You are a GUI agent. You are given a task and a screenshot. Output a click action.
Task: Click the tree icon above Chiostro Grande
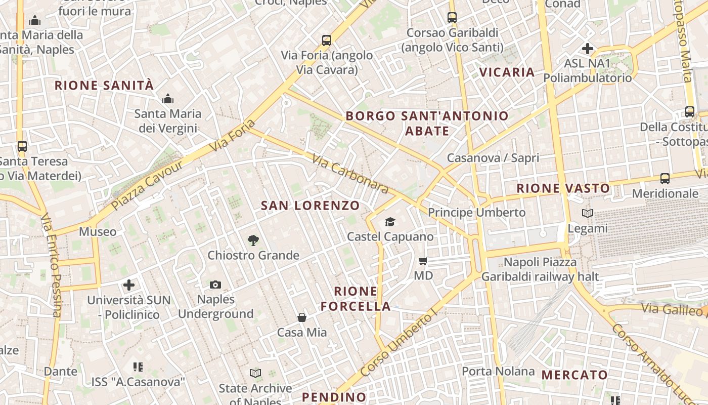click(253, 240)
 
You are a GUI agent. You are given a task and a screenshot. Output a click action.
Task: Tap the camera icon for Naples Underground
click(215, 285)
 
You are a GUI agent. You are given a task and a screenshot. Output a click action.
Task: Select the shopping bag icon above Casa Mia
click(302, 317)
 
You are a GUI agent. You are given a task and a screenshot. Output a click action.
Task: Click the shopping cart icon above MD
click(423, 261)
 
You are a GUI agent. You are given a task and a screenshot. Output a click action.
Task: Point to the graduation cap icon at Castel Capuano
click(390, 222)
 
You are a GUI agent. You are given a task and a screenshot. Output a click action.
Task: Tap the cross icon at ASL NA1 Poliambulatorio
click(588, 49)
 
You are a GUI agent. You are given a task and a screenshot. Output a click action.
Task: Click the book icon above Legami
click(587, 214)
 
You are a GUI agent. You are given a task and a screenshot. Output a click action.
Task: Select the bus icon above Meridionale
click(665, 179)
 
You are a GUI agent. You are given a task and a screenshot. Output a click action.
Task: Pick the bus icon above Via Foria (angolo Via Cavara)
click(327, 40)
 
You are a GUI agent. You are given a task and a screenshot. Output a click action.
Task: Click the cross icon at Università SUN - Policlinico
click(129, 285)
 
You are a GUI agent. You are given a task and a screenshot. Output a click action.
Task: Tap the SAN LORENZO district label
click(310, 206)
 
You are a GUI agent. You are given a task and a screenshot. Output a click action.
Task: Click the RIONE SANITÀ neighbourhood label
click(104, 85)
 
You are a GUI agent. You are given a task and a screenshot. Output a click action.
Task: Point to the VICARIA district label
click(507, 72)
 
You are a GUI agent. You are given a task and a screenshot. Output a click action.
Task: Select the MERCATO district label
click(574, 375)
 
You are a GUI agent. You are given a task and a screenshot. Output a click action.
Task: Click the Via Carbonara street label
click(350, 174)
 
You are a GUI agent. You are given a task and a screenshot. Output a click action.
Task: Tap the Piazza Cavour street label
click(147, 185)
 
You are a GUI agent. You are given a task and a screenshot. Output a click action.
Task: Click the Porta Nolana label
click(498, 371)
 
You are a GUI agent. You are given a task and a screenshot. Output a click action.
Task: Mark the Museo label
click(98, 232)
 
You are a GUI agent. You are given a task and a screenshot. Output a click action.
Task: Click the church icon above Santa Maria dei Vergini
click(168, 99)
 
